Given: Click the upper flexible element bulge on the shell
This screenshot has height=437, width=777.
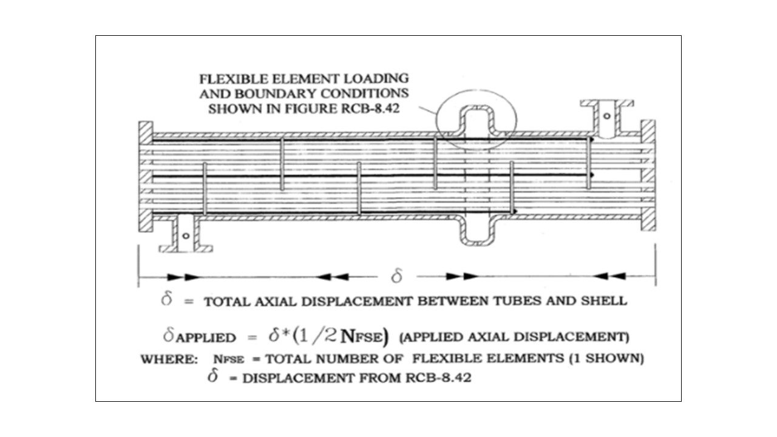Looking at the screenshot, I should pos(477,118).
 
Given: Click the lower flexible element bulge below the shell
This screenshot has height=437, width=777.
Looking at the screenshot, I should pos(477,231).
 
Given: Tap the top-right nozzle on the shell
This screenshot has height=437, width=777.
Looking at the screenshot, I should pos(606,118).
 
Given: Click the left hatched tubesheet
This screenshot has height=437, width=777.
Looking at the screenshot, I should pos(146,176).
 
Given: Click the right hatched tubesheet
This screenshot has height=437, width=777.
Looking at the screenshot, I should pos(648,176).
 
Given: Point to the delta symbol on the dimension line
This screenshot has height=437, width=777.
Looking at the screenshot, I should pos(396,277).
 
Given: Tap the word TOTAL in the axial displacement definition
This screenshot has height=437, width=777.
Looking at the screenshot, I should pos(228,302).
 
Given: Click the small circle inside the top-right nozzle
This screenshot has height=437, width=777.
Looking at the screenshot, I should pos(607,116).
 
